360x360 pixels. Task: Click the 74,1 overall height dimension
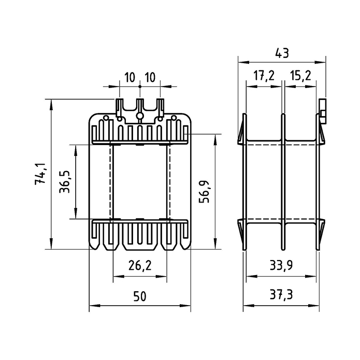tap(40, 174)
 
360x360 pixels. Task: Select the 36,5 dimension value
tap(65, 182)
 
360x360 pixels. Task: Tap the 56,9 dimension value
tap(204, 192)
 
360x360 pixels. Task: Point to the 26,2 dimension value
tap(140, 265)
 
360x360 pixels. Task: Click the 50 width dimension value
tap(139, 296)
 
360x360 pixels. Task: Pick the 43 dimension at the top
tap(282, 53)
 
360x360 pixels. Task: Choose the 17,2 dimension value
tap(264, 76)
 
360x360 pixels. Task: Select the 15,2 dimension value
tap(300, 76)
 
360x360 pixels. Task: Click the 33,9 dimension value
tap(281, 265)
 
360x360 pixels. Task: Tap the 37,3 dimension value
tap(281, 295)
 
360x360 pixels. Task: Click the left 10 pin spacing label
tap(129, 77)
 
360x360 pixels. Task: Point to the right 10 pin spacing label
tap(150, 77)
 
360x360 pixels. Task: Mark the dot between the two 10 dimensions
tap(140, 87)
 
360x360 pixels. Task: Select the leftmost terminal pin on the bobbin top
tap(119, 107)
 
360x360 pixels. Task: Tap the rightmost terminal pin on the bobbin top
tap(160, 107)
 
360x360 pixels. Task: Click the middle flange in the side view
tap(283, 182)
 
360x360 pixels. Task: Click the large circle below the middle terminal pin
tap(140, 116)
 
